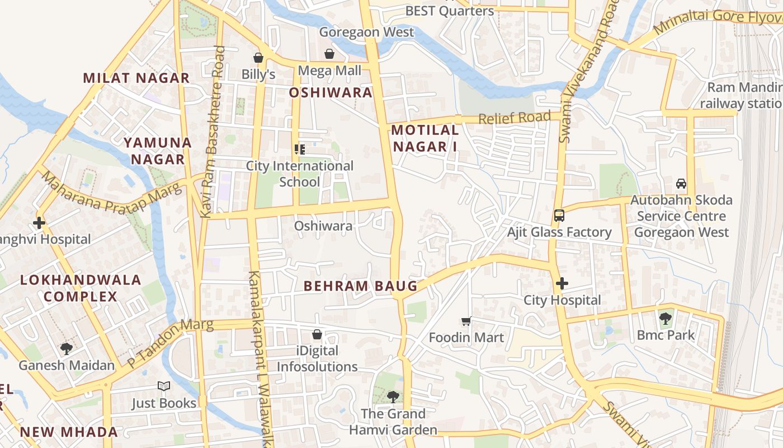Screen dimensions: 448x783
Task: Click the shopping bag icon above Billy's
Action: (258, 58)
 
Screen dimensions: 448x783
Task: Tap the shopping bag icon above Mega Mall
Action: (329, 54)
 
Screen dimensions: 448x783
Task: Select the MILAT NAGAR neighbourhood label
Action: (136, 78)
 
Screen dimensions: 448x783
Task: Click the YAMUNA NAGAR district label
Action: (158, 151)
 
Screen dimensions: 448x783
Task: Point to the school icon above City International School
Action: (300, 150)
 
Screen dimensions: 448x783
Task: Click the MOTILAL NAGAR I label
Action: (424, 138)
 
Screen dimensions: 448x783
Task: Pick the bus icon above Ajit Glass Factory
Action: (559, 215)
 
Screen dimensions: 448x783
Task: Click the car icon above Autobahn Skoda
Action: (681, 183)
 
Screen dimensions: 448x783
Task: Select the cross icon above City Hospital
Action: (562, 283)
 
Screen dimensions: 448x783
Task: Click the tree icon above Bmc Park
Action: (665, 319)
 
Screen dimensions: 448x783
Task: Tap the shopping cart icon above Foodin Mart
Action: (466, 321)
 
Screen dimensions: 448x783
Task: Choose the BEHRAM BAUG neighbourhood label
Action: (360, 286)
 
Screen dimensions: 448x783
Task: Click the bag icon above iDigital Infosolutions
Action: (317, 334)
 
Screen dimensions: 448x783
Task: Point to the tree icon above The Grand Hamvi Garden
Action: (393, 397)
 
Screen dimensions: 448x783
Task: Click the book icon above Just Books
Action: (164, 386)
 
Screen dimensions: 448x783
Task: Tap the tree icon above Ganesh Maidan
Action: (66, 349)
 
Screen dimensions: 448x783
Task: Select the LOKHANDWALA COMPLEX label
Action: (81, 288)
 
